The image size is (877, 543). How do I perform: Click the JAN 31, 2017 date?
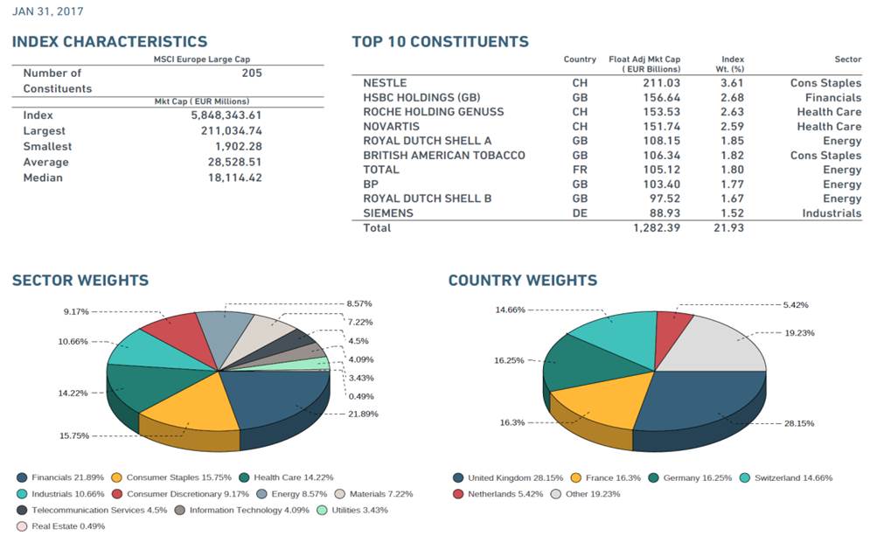[49, 12]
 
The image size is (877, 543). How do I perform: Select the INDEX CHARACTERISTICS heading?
[109, 42]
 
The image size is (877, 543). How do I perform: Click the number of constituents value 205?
[252, 73]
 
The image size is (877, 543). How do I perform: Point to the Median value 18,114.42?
[226, 178]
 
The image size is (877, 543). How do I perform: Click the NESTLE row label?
[384, 83]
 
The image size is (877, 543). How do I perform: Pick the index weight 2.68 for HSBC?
[732, 97]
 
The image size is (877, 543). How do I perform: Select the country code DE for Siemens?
[580, 212]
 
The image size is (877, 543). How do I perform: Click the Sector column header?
[847, 59]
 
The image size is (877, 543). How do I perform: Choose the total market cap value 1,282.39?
[655, 228]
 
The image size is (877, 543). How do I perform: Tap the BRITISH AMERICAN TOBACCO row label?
[443, 155]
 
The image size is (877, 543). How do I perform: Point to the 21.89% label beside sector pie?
[363, 414]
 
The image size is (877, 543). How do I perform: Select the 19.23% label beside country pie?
[795, 332]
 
